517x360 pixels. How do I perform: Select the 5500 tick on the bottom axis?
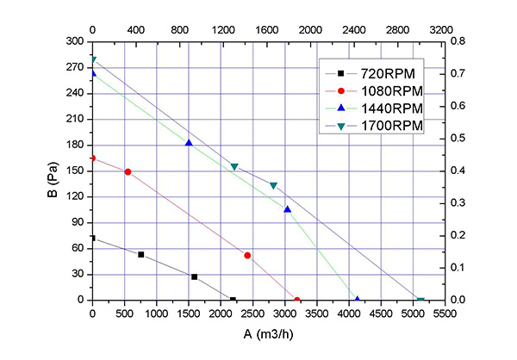pos(444,314)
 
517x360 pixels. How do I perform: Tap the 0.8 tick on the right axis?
pos(458,41)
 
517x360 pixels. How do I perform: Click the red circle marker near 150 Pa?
pos(128,171)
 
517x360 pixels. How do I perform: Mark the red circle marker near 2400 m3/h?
pos(247,255)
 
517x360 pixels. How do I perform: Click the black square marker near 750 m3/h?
pos(140,254)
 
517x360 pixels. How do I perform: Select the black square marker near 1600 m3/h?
pos(195,276)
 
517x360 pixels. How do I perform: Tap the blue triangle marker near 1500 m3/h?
pos(189,143)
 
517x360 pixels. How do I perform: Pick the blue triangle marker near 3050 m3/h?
pos(288,209)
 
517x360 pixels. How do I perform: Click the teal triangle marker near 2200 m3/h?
pos(234,166)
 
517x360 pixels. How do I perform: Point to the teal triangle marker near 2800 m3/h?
pos(273,185)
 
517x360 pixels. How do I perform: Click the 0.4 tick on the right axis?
pos(458,171)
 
